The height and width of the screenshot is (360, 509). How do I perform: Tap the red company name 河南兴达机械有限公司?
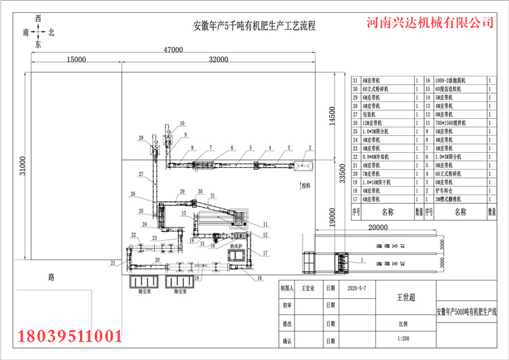[x=430, y=22]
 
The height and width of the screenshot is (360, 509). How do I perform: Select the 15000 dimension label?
[x=75, y=60]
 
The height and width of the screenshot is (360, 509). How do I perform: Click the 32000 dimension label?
[x=218, y=60]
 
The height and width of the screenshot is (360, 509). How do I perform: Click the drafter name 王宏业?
[x=309, y=288]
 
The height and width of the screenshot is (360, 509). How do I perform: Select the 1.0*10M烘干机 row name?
[x=377, y=182]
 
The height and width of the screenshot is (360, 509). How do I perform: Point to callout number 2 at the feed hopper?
[x=310, y=147]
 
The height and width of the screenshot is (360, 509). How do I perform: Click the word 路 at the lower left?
[x=51, y=277]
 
